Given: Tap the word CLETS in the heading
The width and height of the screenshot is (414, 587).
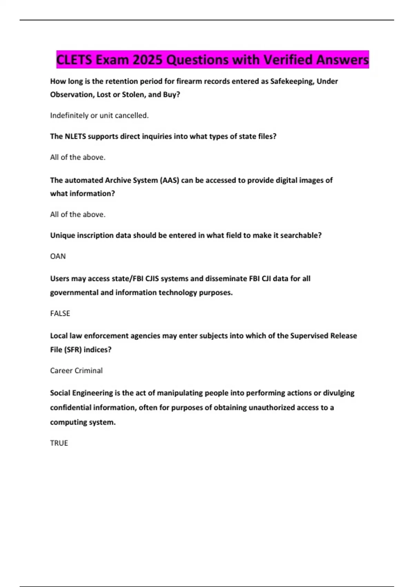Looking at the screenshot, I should pyautogui.click(x=74, y=60).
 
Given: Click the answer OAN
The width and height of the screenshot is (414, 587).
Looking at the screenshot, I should pyautogui.click(x=58, y=256).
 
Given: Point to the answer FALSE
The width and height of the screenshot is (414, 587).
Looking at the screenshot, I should pyautogui.click(x=60, y=313).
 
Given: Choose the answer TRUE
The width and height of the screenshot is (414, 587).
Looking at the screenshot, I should pyautogui.click(x=59, y=443).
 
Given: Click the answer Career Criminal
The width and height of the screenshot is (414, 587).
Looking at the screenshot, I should pyautogui.click(x=76, y=371).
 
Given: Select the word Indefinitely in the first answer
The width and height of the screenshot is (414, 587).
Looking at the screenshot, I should pyautogui.click(x=69, y=115).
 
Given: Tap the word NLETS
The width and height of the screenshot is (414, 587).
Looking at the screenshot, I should pyautogui.click(x=75, y=136).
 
